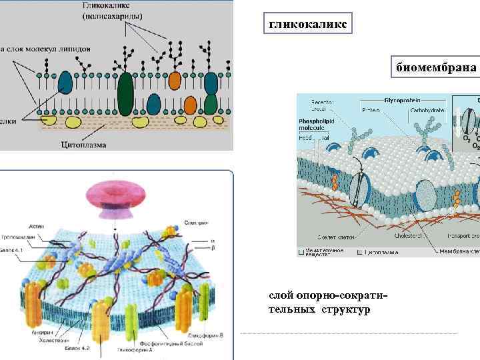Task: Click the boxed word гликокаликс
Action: [307, 25]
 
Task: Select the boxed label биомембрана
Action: [436, 68]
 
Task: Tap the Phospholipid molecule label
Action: [317, 124]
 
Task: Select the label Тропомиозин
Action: [20, 237]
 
